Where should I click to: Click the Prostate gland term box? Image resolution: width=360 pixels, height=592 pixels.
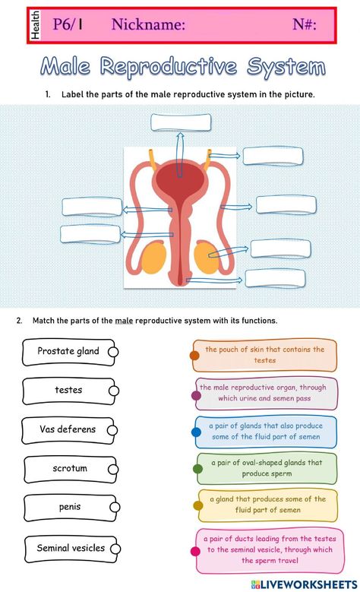(x=68, y=353)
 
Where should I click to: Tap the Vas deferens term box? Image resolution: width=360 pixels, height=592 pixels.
(x=68, y=430)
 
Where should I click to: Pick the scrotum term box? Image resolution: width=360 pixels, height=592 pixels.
(x=70, y=470)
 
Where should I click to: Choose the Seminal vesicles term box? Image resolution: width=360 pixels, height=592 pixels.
(x=71, y=549)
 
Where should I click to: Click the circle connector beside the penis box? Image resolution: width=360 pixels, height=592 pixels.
(x=115, y=507)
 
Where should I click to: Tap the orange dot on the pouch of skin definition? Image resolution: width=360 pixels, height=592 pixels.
(x=194, y=355)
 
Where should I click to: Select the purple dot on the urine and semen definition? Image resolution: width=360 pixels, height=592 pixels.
(x=196, y=395)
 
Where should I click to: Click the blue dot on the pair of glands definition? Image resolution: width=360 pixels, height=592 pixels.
(x=196, y=432)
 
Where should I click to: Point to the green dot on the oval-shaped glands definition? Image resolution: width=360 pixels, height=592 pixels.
(x=197, y=469)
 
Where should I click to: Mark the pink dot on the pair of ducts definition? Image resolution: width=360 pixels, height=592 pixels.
(x=195, y=552)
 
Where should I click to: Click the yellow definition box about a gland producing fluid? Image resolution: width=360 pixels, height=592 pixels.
(x=267, y=505)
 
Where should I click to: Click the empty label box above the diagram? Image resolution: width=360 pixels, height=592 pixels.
(x=181, y=122)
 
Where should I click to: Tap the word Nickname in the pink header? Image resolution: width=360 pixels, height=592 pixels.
(x=148, y=24)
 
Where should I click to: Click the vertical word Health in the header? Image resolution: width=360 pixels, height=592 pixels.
(x=35, y=25)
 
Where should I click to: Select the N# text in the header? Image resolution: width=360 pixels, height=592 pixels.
(x=304, y=24)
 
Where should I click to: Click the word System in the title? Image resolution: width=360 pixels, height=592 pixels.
(x=286, y=67)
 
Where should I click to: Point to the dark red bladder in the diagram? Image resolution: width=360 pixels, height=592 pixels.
(x=180, y=179)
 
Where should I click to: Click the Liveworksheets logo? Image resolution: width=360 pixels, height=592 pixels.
(x=304, y=584)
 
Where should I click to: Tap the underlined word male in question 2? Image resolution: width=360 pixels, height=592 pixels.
(x=124, y=321)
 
